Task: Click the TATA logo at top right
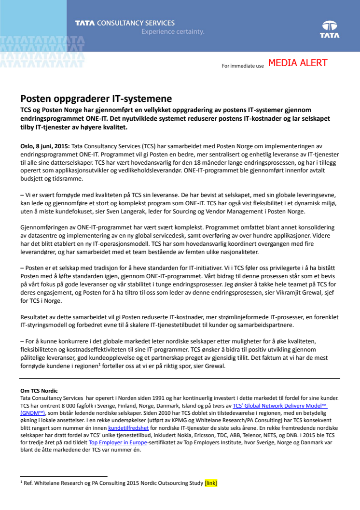330,29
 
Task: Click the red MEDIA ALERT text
298,63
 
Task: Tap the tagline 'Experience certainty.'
173,32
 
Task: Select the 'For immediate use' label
243,66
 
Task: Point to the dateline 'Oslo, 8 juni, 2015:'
45,146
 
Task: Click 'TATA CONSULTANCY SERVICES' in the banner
125,23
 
